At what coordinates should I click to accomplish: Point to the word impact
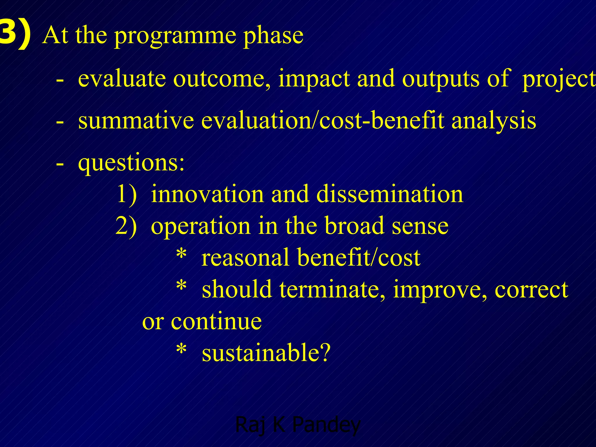pyautogui.click(x=314, y=79)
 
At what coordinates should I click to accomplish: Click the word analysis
pyautogui.click(x=494, y=121)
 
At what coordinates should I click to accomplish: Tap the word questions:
pyautogui.click(x=131, y=163)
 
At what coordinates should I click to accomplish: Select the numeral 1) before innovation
pyautogui.click(x=127, y=194)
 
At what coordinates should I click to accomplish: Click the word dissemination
pyautogui.click(x=390, y=194)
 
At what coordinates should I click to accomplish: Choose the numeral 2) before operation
pyautogui.click(x=126, y=226)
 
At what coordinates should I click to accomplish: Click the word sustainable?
pyautogui.click(x=266, y=352)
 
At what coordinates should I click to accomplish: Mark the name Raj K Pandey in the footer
pyautogui.click(x=298, y=425)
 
